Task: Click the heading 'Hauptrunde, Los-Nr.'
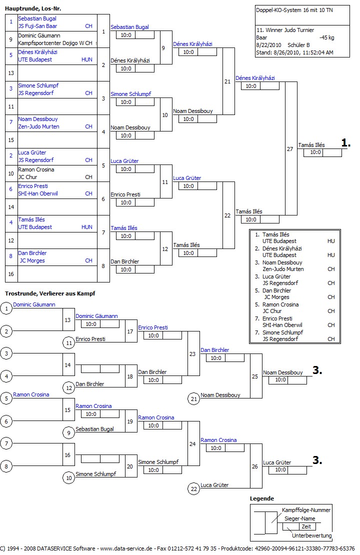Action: [x=33, y=8]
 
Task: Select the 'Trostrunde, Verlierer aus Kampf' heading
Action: [x=49, y=293]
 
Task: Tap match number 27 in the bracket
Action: [x=290, y=149]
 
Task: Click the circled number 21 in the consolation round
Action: [x=193, y=398]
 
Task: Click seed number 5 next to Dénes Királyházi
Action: [x=10, y=55]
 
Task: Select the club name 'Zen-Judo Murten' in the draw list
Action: [x=38, y=126]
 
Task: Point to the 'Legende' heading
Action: [x=262, y=498]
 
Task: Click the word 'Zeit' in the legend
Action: [x=306, y=526]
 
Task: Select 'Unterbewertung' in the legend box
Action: [x=311, y=535]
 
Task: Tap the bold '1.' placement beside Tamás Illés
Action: [x=345, y=143]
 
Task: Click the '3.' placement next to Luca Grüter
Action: [x=317, y=460]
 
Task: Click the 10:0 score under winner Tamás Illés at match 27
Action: [x=315, y=152]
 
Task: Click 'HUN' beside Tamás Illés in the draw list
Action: [x=86, y=227]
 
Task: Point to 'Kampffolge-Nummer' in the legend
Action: [x=306, y=510]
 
